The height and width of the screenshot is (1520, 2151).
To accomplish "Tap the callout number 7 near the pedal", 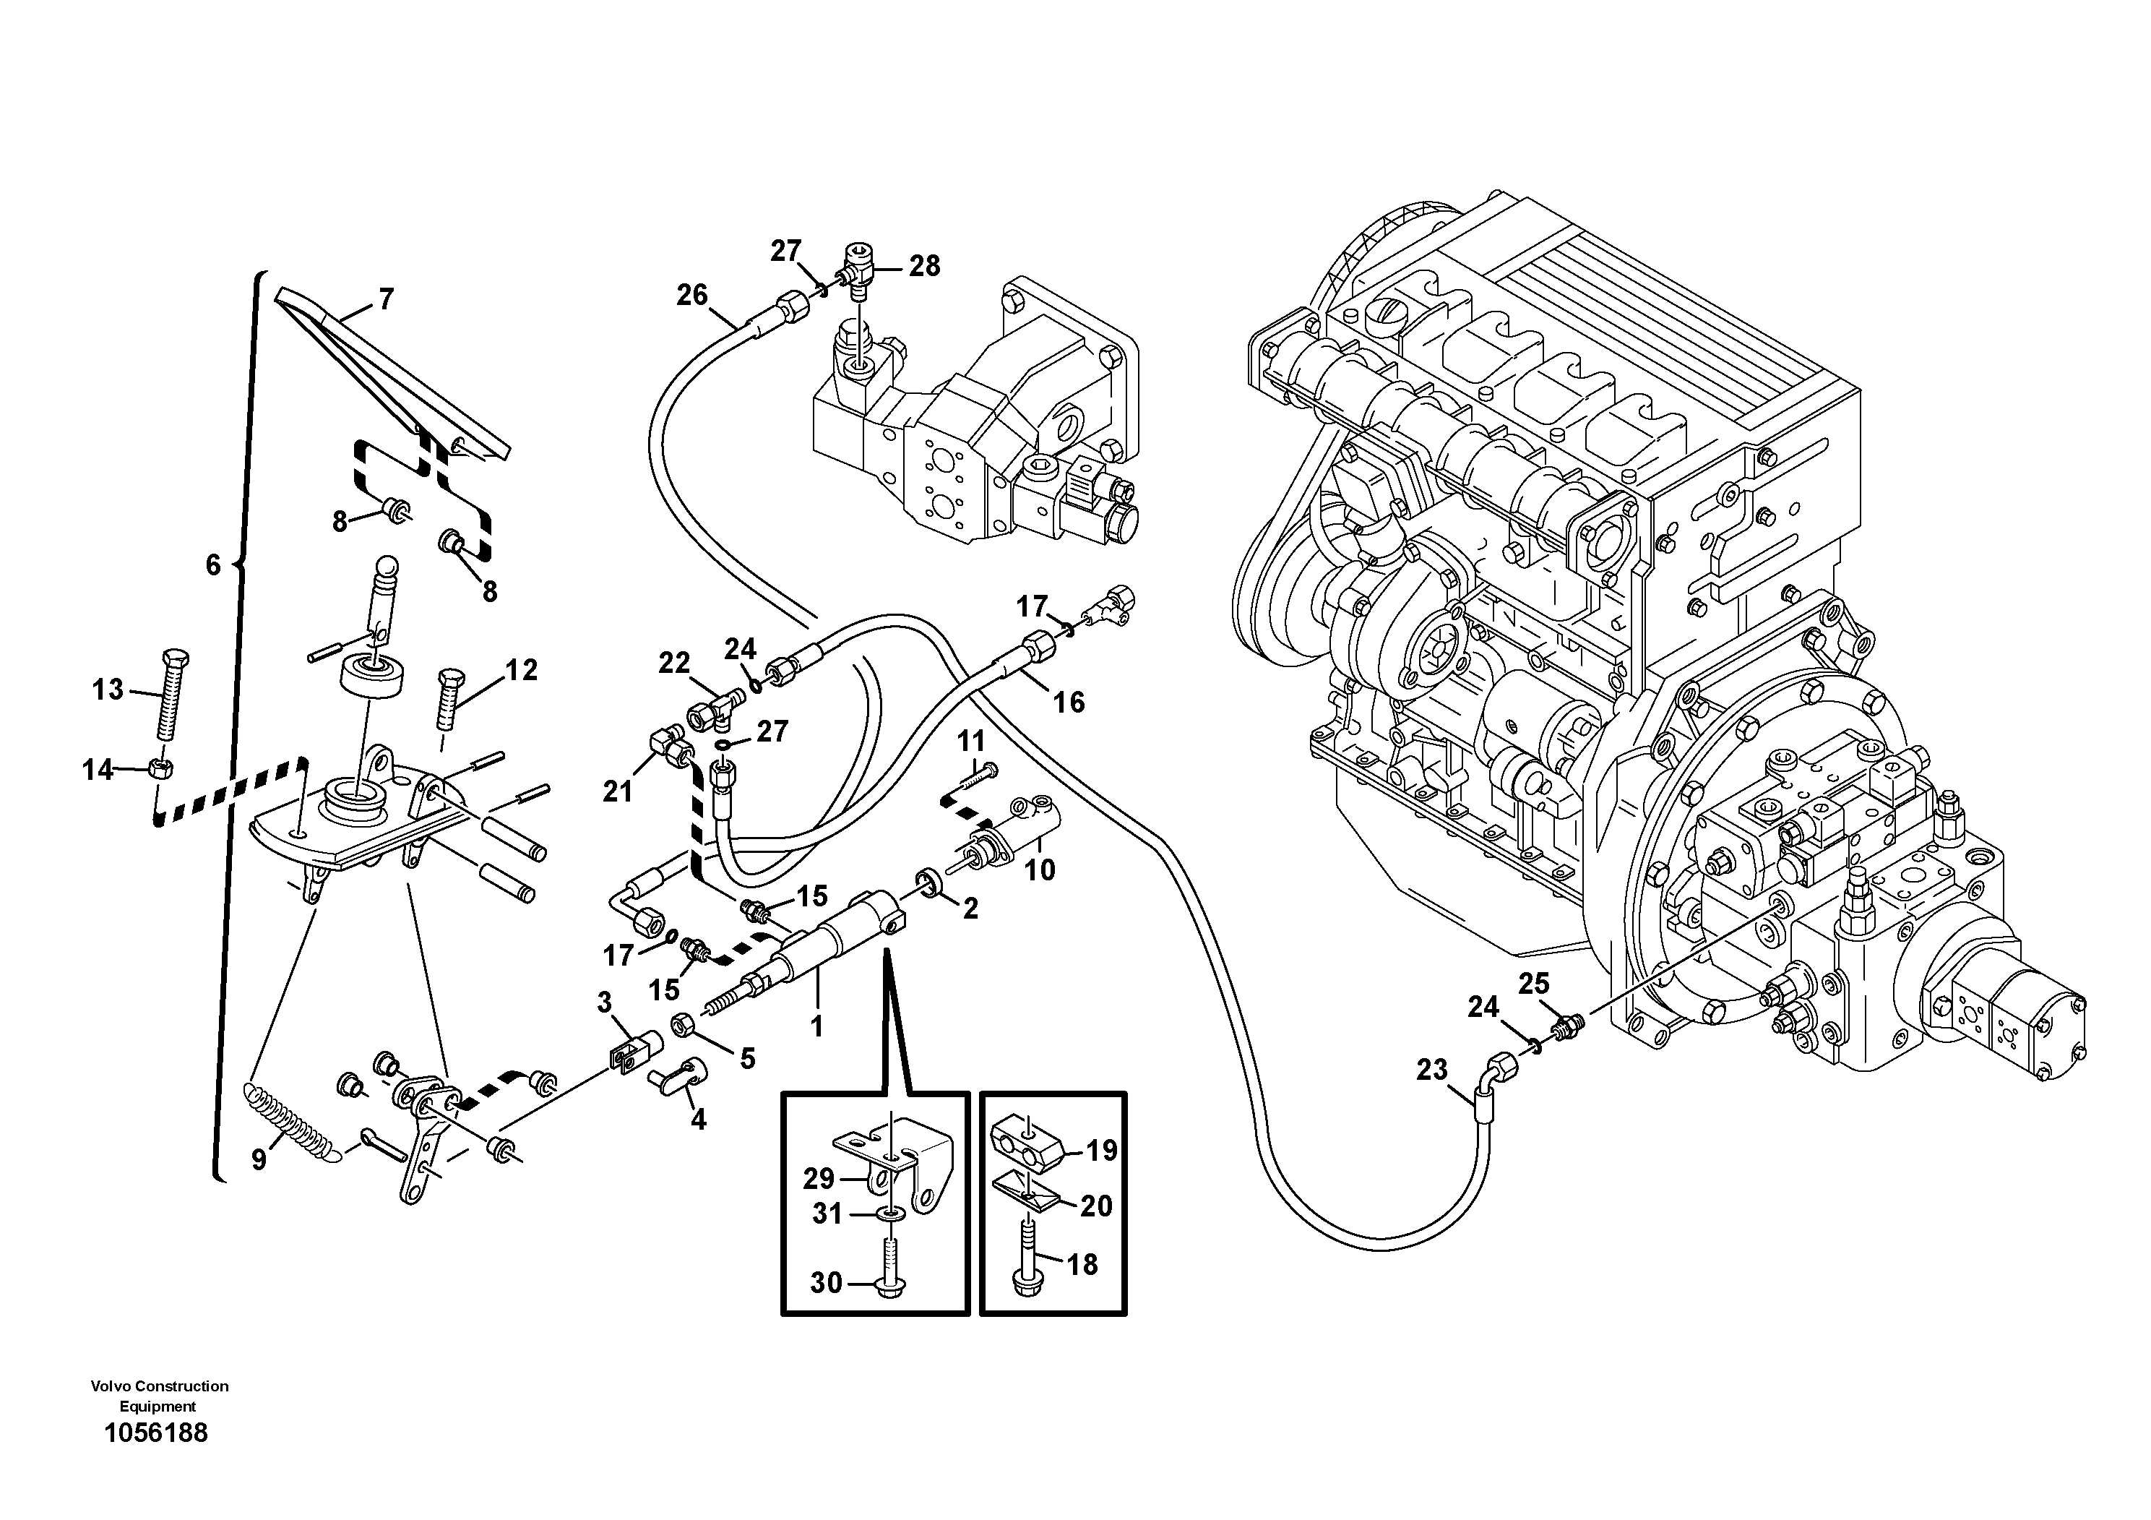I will click(385, 299).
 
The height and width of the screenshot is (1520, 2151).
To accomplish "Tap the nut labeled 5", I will click(683, 1024).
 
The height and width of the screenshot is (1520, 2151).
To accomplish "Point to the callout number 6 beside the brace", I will click(212, 564).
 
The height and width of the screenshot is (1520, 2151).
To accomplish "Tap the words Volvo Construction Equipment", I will click(159, 1396).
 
